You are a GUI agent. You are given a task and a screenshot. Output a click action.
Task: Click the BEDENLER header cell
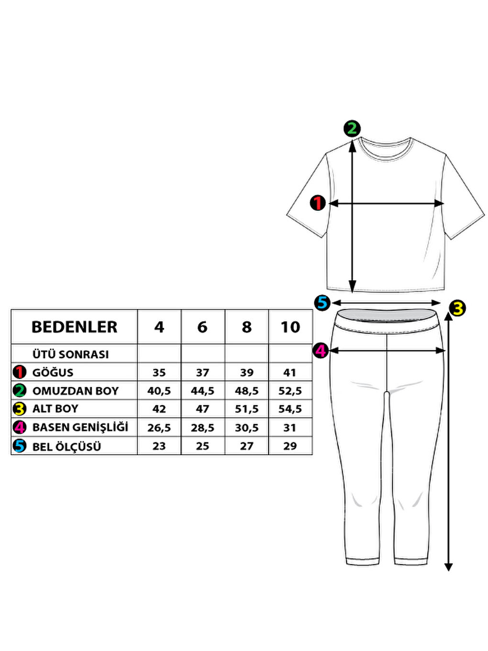point(74,327)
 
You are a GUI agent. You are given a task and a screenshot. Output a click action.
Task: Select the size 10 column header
point(290,327)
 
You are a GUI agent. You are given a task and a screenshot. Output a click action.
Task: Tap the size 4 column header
point(159,327)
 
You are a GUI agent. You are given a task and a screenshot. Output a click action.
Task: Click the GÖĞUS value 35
point(159,372)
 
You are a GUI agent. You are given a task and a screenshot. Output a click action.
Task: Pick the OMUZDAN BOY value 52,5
point(290,391)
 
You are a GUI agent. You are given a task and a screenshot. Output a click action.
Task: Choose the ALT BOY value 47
point(202,409)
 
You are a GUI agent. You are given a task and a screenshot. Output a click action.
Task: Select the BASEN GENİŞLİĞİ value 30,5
point(246,427)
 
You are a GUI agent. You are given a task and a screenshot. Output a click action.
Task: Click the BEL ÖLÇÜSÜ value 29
point(290,446)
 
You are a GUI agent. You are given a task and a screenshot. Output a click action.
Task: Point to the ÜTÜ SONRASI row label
point(70,354)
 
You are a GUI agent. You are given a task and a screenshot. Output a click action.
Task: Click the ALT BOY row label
point(55,409)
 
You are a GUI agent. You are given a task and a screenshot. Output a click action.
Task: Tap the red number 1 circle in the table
point(20,372)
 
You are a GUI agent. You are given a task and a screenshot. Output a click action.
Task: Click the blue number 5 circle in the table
point(20,446)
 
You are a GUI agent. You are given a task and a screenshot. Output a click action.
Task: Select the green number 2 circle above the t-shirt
point(352,128)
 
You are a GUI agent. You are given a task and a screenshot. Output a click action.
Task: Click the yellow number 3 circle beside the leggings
point(458,308)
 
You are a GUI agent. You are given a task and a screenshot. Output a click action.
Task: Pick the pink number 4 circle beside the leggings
point(320,350)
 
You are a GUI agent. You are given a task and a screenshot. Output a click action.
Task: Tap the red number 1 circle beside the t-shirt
point(318,203)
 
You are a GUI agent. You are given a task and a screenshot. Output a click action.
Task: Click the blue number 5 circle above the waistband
point(322,303)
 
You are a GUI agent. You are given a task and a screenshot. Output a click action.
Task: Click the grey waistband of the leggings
point(387,316)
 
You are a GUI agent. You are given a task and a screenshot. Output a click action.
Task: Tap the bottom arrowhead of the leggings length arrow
point(448,567)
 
